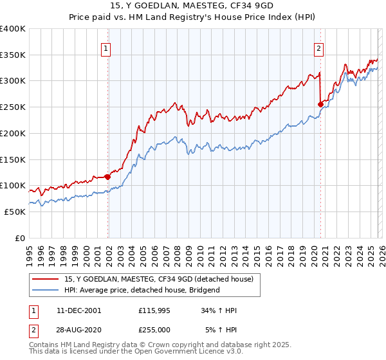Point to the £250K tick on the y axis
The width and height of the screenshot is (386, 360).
point(13,107)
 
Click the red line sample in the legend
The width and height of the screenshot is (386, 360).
point(46,279)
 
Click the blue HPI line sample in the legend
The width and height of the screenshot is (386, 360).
point(46,290)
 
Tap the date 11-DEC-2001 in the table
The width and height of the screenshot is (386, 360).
point(78,310)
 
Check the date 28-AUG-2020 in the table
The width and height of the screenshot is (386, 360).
point(78,330)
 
